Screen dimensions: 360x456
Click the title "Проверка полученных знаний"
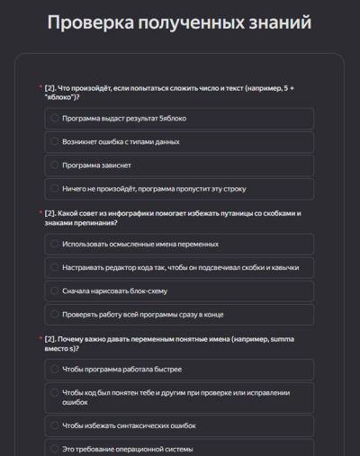[180, 22]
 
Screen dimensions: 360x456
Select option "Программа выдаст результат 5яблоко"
[123, 118]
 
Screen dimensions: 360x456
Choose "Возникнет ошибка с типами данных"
[121, 141]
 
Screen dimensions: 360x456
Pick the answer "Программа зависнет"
[99, 165]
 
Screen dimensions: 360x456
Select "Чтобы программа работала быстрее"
[121, 370]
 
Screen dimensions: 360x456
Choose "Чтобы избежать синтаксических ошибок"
[129, 425]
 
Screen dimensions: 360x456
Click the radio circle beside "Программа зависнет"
[55, 165]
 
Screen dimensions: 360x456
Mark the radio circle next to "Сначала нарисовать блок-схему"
[55, 291]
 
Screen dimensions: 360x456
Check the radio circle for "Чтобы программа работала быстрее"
[55, 370]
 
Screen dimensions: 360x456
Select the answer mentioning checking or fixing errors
[180, 398]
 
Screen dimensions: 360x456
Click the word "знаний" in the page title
[279, 22]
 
